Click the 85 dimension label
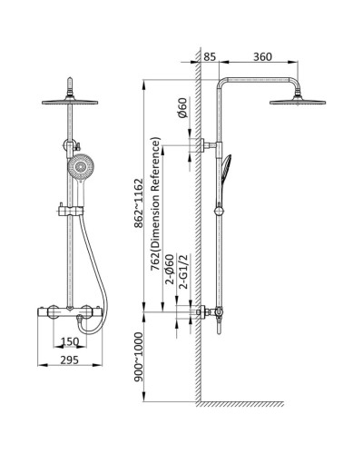point(210,56)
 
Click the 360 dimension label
point(262,56)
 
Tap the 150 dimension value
point(70,341)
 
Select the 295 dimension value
point(70,360)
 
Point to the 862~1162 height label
point(138,203)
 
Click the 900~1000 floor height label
point(138,357)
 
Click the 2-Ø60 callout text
point(171,270)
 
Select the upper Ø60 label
point(183,108)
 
